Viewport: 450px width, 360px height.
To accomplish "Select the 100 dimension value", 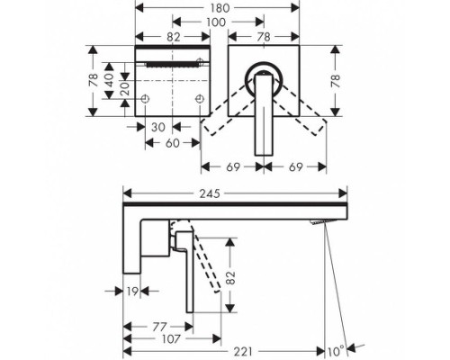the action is [x=216, y=22].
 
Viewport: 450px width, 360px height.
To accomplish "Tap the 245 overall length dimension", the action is [x=210, y=193].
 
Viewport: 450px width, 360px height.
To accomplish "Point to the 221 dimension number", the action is [x=243, y=351].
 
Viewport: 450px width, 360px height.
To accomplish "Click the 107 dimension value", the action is [x=171, y=339].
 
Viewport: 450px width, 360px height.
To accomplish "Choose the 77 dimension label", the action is [x=159, y=327].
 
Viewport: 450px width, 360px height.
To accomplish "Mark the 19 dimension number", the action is [x=132, y=292].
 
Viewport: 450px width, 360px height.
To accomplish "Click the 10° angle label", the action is [x=336, y=351].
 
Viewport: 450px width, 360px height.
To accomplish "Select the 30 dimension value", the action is [x=158, y=127].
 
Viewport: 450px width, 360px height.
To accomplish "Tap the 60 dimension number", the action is [x=173, y=143].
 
